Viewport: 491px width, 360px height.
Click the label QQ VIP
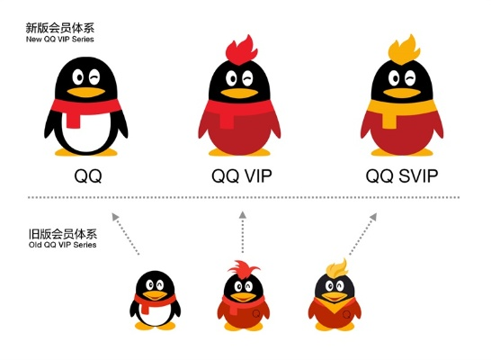(242, 175)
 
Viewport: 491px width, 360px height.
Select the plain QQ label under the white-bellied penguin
(86, 175)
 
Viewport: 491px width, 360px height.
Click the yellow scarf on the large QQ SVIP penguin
(400, 111)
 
